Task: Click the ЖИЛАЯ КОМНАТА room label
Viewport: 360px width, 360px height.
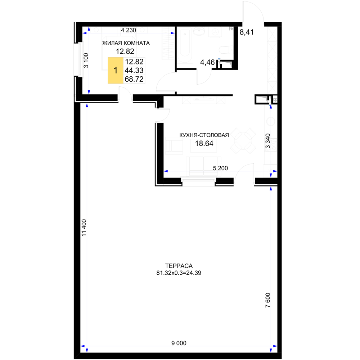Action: pos(126,43)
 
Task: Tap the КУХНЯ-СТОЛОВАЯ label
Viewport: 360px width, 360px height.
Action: pos(204,135)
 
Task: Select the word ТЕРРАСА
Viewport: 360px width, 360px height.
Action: pos(179,266)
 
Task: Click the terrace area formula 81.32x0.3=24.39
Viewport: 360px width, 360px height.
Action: pos(179,273)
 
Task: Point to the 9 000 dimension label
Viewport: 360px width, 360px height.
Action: pos(179,343)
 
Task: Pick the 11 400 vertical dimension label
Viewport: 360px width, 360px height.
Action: pos(84,228)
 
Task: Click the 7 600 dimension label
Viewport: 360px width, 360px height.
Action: pos(268,300)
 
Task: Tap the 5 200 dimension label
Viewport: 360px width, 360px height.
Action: pos(220,168)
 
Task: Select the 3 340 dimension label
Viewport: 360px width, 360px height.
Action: pos(268,141)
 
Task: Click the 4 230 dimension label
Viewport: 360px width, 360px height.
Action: pos(129,30)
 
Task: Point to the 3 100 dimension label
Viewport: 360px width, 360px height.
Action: pos(86,60)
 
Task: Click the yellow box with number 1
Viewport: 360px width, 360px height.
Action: pos(116,70)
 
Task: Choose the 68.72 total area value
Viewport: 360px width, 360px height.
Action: pos(134,79)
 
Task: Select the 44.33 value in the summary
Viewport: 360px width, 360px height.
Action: pos(134,71)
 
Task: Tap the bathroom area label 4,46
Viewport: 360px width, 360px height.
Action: pos(207,62)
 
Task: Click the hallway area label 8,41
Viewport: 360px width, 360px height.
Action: pos(247,32)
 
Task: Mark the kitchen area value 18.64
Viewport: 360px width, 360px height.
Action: pos(204,144)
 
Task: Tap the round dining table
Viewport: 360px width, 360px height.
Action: pos(243,140)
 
